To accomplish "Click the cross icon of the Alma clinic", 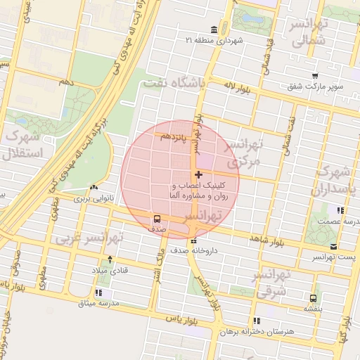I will coord(198,174).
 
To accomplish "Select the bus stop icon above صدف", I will coord(157,218).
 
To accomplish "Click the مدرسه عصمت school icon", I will coord(340,210).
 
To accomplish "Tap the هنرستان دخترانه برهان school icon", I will coord(257,320).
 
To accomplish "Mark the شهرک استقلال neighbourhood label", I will coord(24,143).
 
